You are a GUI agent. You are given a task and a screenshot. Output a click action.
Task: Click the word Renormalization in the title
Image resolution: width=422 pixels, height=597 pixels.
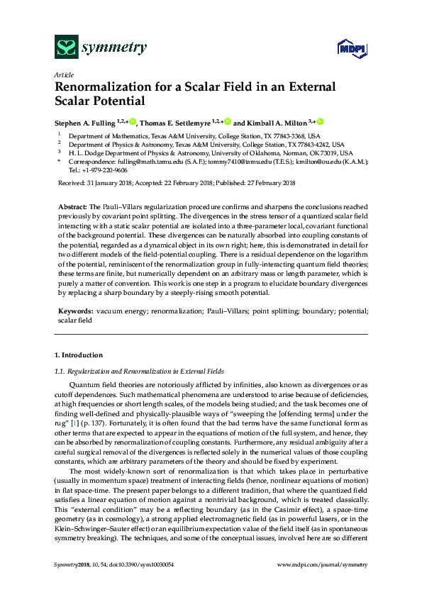click(x=101, y=87)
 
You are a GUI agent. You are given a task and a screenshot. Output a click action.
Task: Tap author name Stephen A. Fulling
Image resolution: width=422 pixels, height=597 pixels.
click(x=85, y=122)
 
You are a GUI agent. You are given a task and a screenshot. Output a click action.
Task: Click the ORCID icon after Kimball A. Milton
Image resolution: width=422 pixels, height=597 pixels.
click(x=320, y=122)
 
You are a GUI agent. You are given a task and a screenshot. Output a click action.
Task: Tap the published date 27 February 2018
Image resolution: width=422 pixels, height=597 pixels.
click(x=264, y=184)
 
